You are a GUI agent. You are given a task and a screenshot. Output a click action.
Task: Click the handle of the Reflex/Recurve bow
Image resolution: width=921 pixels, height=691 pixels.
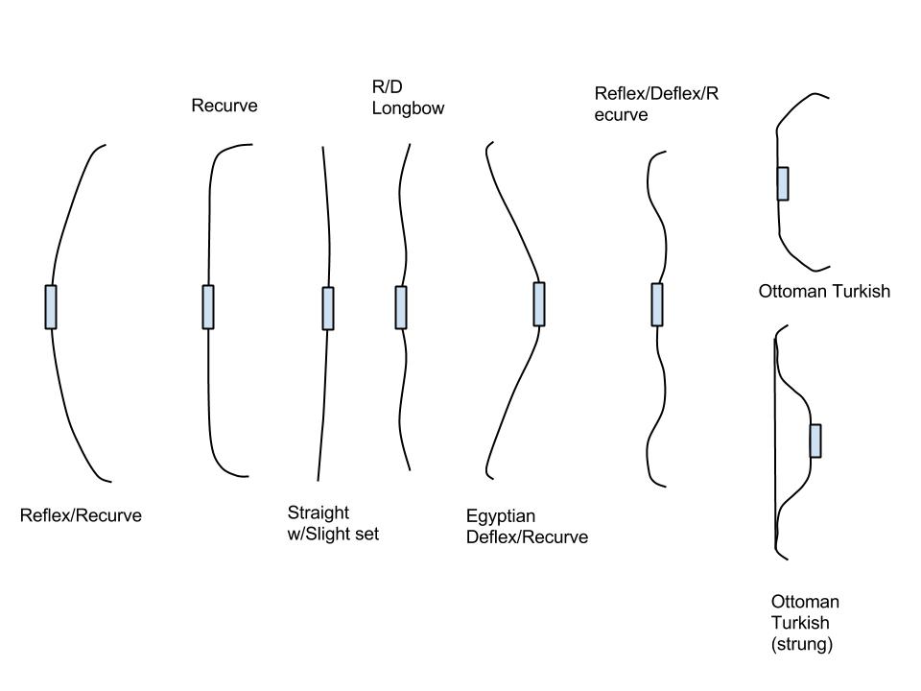pyautogui.click(x=51, y=307)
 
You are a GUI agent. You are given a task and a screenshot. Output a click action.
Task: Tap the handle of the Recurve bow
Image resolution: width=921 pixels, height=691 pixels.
pyautogui.click(x=208, y=307)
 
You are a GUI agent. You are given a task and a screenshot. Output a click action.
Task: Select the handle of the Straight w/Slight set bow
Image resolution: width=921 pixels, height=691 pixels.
pyautogui.click(x=328, y=308)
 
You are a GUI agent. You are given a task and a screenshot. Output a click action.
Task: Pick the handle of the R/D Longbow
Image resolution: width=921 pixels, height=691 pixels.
pyautogui.click(x=401, y=307)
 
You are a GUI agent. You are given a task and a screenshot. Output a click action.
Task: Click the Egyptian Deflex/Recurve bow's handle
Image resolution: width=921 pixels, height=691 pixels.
pyautogui.click(x=539, y=304)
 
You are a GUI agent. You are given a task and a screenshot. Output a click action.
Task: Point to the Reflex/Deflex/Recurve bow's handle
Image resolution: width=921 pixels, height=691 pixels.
pyautogui.click(x=657, y=304)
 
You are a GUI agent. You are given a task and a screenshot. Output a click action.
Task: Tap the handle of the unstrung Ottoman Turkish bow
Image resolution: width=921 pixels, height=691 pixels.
pyautogui.click(x=783, y=183)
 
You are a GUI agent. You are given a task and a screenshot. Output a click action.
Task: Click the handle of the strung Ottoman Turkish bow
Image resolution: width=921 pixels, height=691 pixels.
pyautogui.click(x=815, y=441)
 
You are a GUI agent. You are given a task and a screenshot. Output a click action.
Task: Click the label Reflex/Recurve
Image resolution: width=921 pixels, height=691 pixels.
pyautogui.click(x=81, y=515)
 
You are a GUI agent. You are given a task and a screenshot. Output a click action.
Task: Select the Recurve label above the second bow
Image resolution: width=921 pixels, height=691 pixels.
pyautogui.click(x=224, y=106)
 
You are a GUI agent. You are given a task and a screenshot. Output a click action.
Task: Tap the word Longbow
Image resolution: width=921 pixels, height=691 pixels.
pyautogui.click(x=408, y=108)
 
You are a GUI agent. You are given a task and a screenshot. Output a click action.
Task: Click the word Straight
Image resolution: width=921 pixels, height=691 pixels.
pyautogui.click(x=319, y=512)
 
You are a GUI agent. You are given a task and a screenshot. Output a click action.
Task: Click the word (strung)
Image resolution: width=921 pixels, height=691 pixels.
pyautogui.click(x=802, y=645)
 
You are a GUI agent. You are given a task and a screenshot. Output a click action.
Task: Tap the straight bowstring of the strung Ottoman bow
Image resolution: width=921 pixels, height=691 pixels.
pyautogui.click(x=775, y=441)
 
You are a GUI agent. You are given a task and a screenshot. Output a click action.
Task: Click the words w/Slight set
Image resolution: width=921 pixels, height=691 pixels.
pyautogui.click(x=334, y=534)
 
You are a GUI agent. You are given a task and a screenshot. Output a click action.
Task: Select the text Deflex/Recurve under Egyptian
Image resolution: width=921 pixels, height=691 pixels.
pyautogui.click(x=527, y=537)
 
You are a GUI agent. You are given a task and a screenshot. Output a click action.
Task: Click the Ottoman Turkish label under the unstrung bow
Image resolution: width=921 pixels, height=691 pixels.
pyautogui.click(x=824, y=291)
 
